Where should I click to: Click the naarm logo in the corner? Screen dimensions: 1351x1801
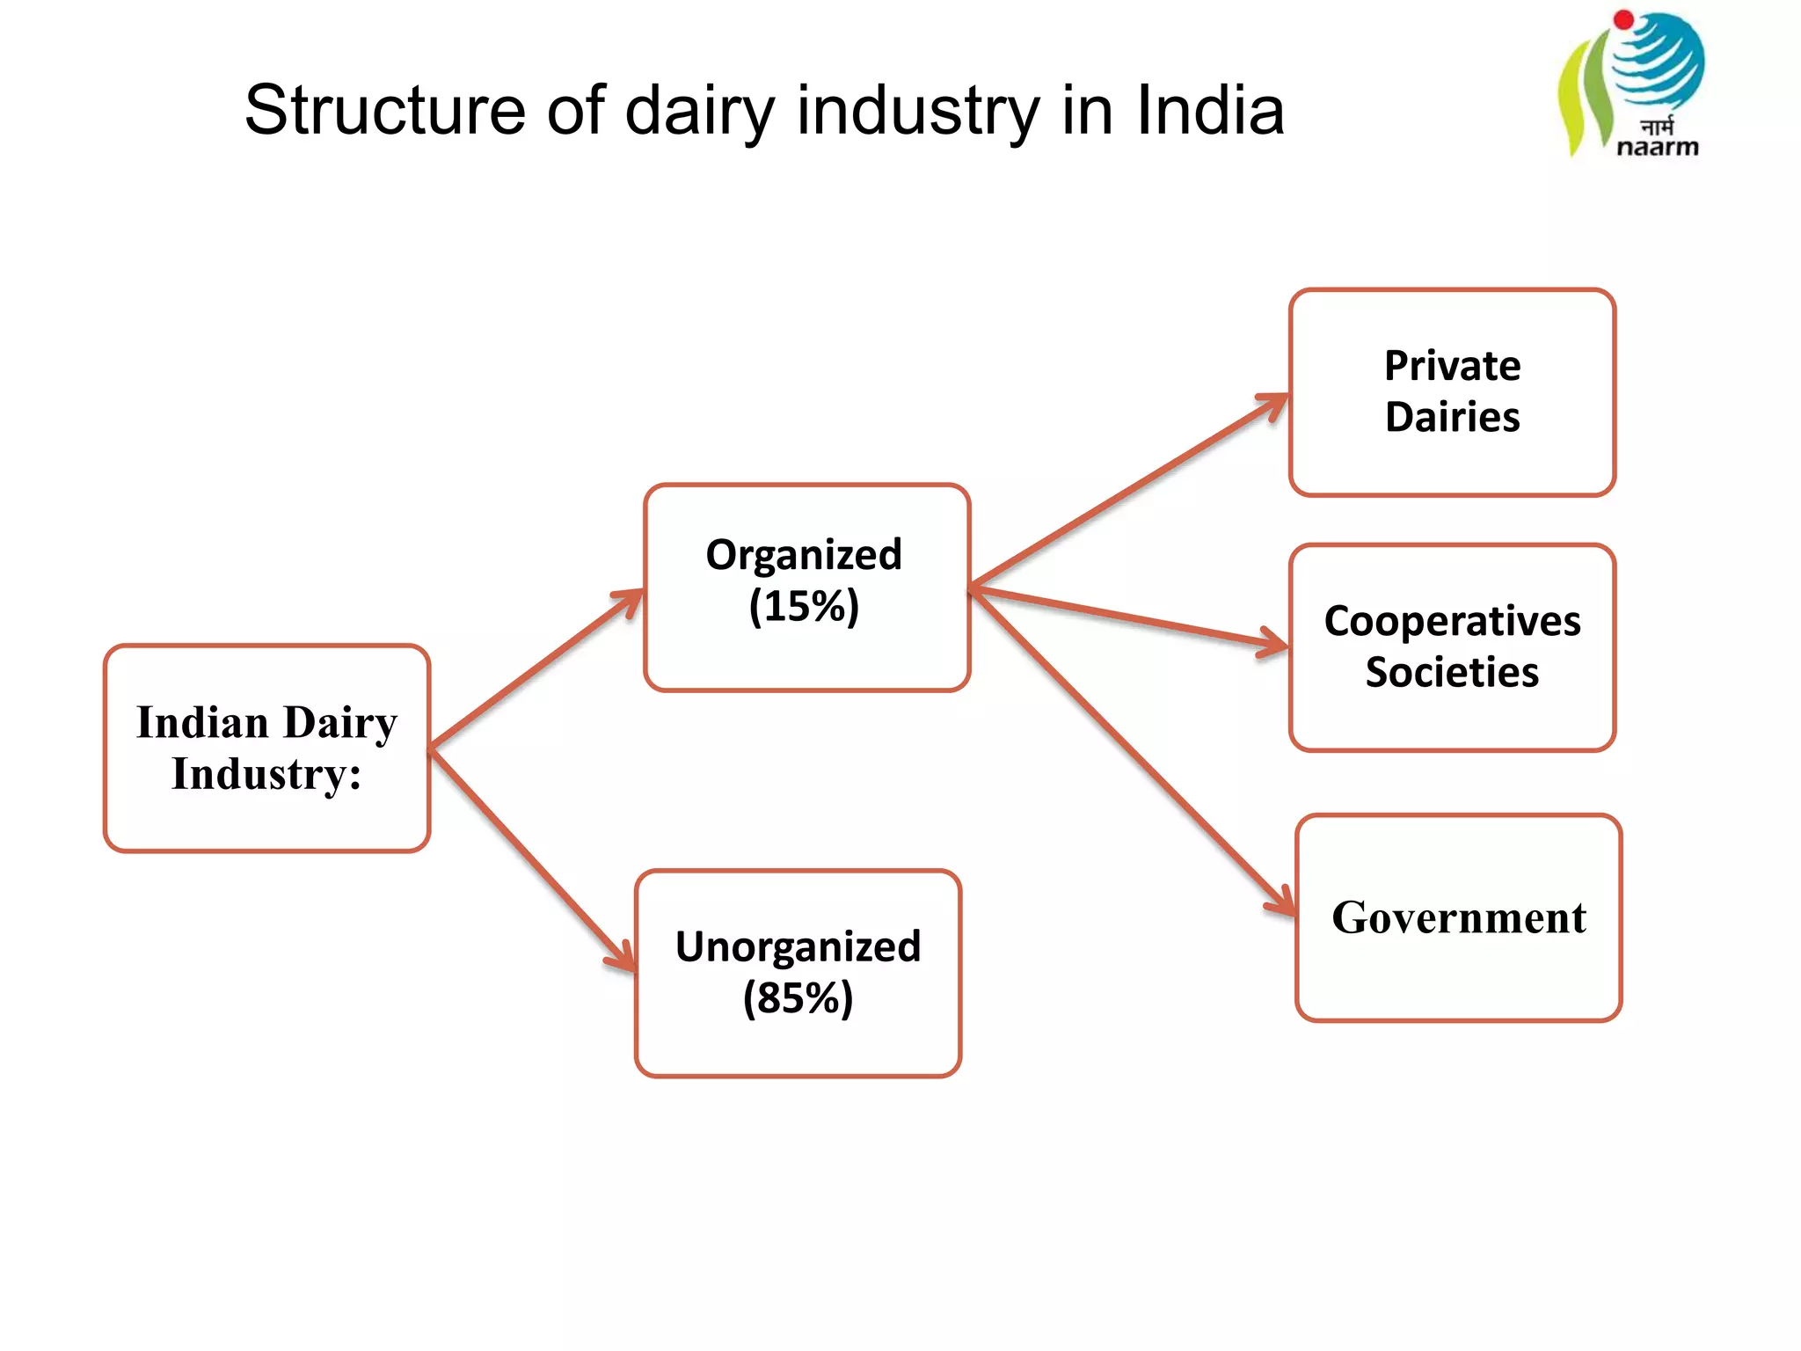[x=1632, y=84]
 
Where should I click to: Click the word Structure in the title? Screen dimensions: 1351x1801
[x=384, y=110]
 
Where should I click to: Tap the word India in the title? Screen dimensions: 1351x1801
[x=1211, y=110]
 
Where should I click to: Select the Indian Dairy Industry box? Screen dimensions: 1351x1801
[x=266, y=748]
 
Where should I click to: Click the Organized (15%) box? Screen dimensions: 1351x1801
[x=806, y=587]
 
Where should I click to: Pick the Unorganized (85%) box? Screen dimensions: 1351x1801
[x=798, y=973]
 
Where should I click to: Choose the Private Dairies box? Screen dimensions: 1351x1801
[x=1452, y=391]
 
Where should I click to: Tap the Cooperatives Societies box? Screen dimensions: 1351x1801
[x=1452, y=647]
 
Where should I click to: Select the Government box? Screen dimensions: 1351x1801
[x=1458, y=917]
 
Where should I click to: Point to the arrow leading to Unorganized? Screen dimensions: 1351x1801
[x=532, y=860]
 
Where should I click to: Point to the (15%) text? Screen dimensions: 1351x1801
[x=804, y=607]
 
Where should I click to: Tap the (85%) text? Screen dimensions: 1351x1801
[x=798, y=999]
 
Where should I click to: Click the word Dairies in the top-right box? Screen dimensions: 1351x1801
[x=1452, y=418]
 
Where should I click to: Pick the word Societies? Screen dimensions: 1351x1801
[x=1452, y=673]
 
